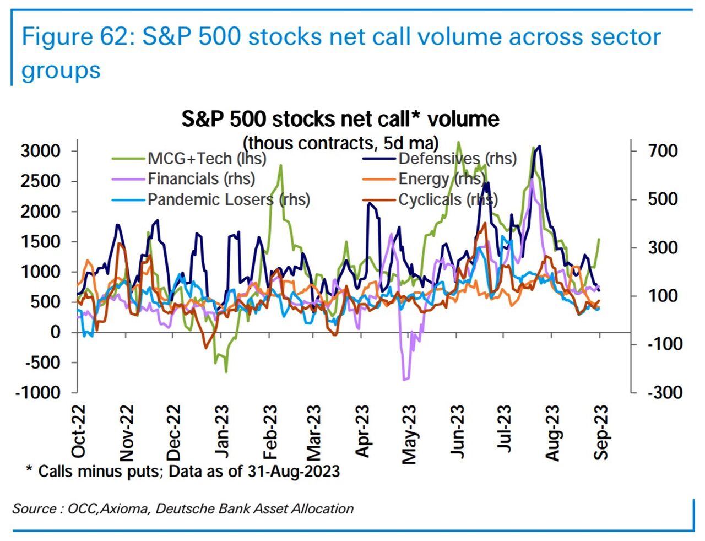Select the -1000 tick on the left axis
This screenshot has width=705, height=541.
[37, 392]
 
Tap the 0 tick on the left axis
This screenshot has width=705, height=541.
[55, 332]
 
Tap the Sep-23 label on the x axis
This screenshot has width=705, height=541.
[601, 432]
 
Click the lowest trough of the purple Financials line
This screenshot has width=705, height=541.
[405, 379]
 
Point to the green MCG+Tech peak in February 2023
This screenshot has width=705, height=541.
[281, 165]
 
